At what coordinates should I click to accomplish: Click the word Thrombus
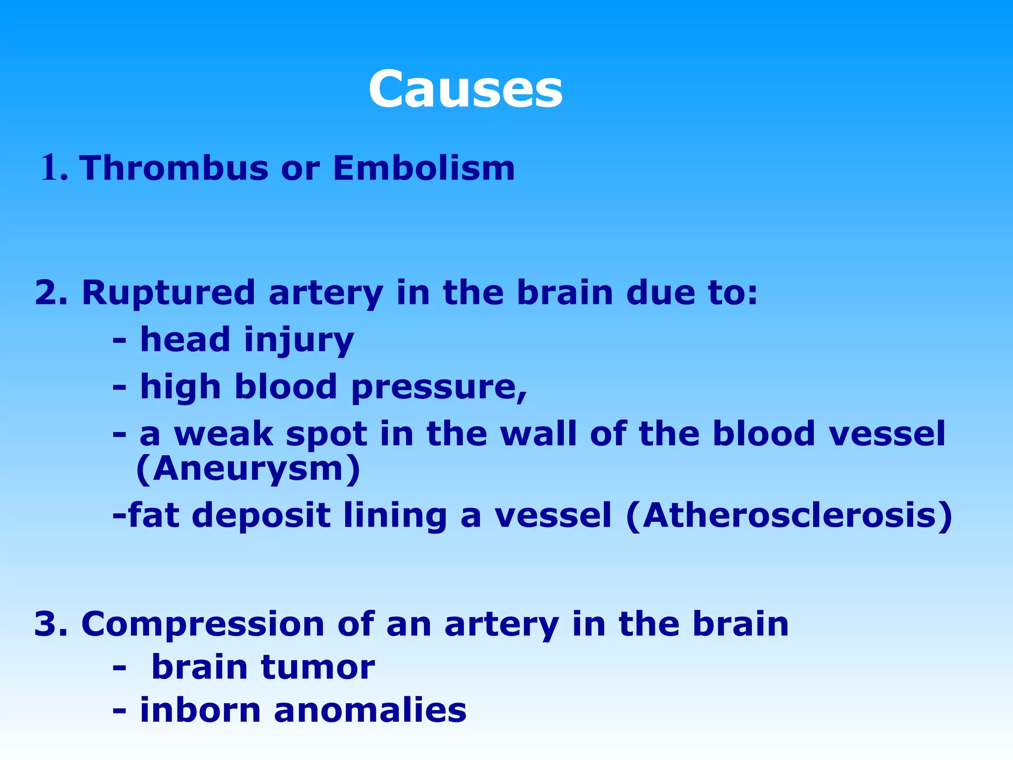coord(174,168)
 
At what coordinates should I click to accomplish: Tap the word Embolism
coord(423,168)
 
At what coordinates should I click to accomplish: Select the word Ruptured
coord(169,292)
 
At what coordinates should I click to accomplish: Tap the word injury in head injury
coord(299,340)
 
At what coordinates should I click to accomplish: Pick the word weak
coord(224,434)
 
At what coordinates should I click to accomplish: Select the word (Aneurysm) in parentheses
coord(248,469)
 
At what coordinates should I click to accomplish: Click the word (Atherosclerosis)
coord(789,515)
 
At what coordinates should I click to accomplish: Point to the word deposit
coord(261,515)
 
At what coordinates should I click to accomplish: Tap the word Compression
coord(203,624)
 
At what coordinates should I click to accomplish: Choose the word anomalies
coord(370,710)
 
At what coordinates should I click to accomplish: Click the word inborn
coord(200,710)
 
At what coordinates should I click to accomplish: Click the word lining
coord(395,515)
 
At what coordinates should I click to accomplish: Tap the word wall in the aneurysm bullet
coord(538,434)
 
